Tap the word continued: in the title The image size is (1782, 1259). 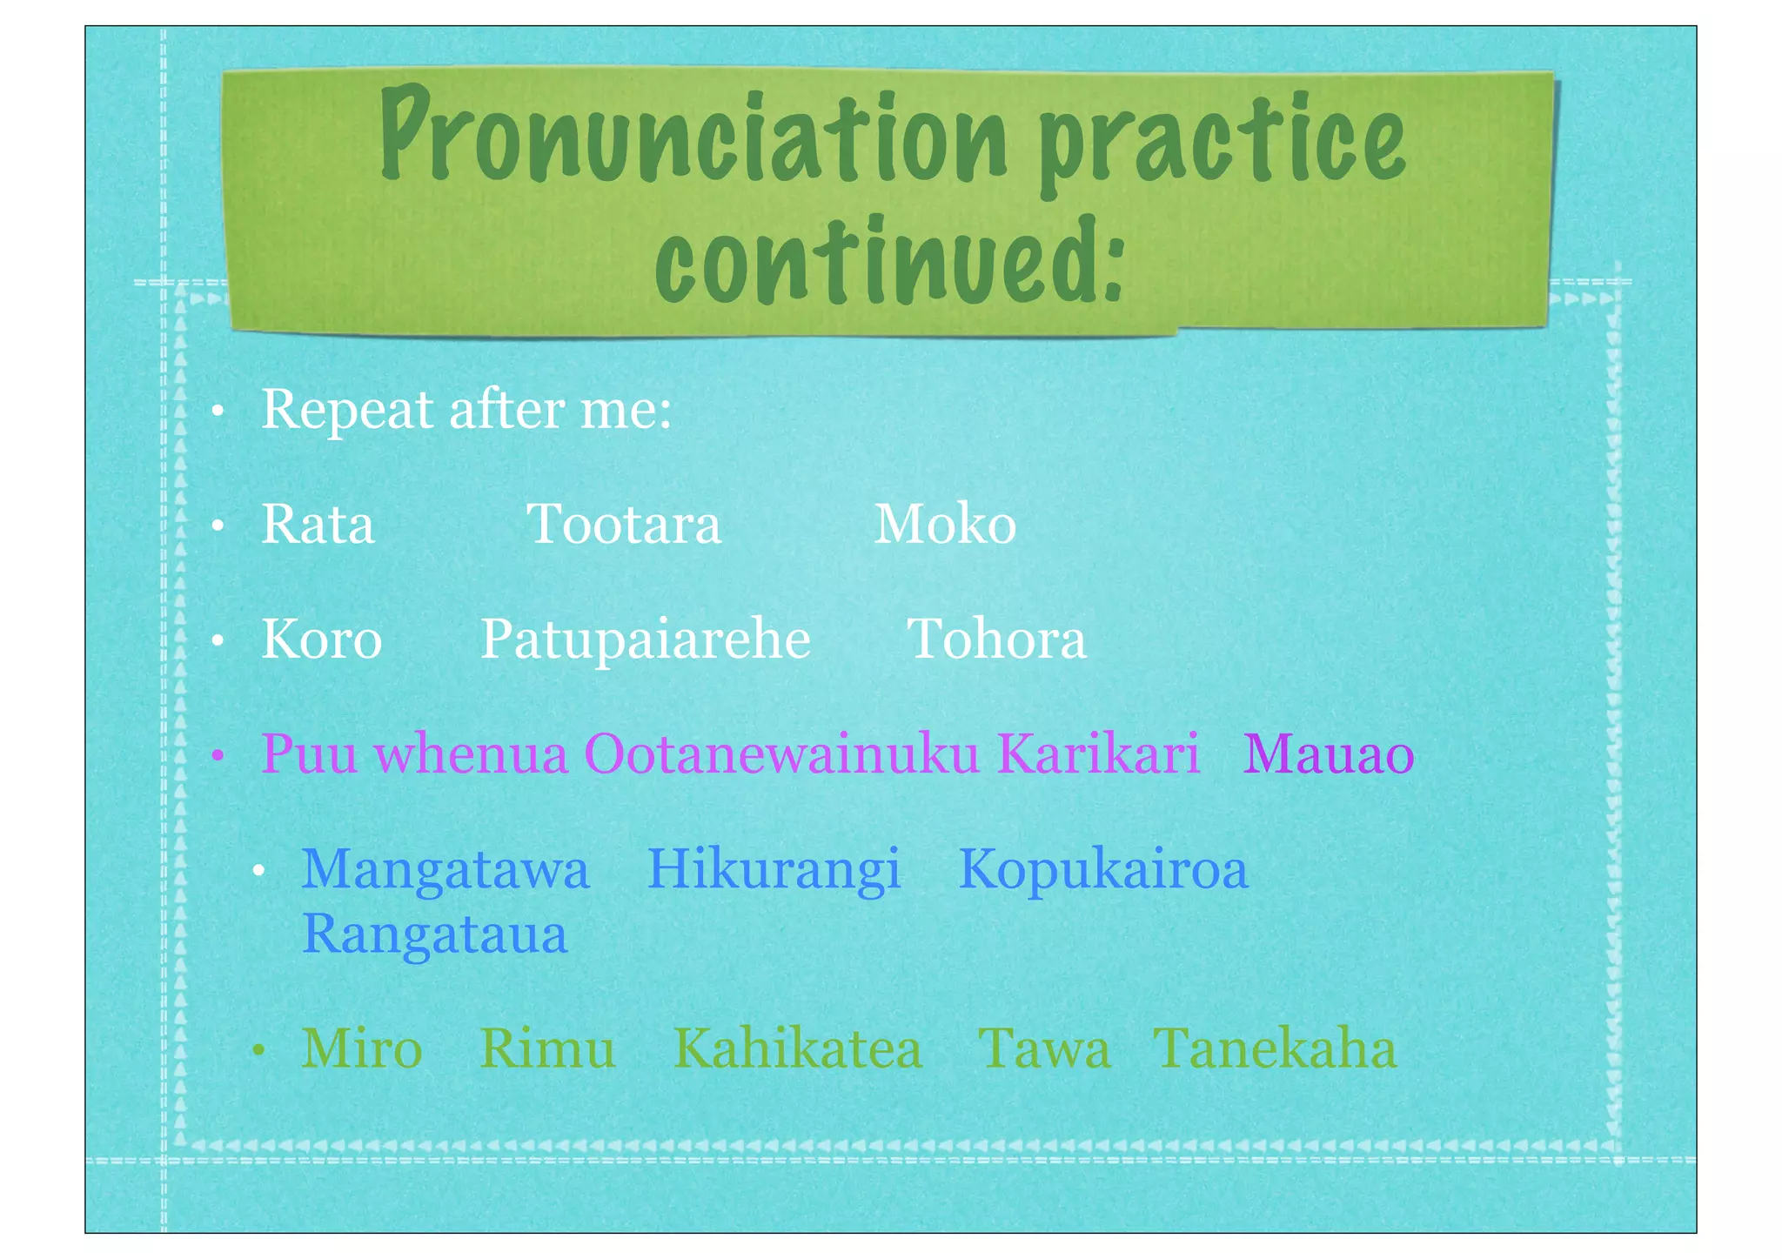pos(889,259)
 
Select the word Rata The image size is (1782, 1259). pos(318,525)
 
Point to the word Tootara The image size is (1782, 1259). pos(624,525)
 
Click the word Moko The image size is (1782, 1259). pos(945,525)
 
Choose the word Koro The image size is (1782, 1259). pos(322,640)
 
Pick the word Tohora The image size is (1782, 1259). pos(997,640)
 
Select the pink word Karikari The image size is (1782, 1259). pos(1098,753)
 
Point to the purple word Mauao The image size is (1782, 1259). pos(1329,754)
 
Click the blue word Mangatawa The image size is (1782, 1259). pos(445,869)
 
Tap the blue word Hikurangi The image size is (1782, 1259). pos(774,871)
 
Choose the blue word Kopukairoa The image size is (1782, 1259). pos(1103,871)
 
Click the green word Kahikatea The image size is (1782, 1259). pos(798,1049)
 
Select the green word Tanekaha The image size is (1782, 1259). pos(1276,1049)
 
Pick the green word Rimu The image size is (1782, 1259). pos(548,1049)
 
